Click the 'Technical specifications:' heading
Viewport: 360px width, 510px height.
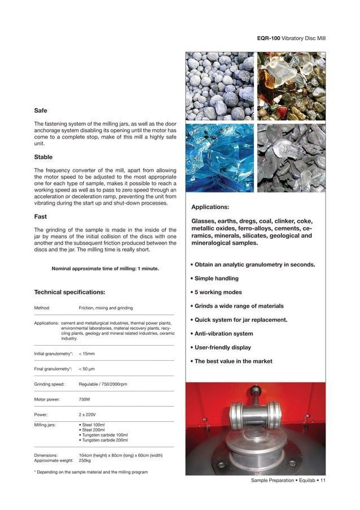click(x=70, y=292)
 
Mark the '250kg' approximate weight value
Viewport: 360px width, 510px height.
click(x=86, y=461)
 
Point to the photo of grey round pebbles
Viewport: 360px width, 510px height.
click(x=220, y=86)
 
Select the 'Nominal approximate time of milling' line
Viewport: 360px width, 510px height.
click(x=105, y=269)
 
